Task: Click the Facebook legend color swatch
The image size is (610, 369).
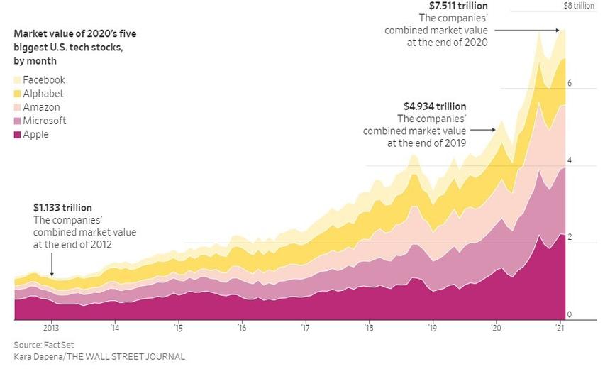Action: click(18, 80)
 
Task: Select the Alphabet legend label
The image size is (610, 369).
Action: click(43, 94)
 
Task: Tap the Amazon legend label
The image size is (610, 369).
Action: click(41, 107)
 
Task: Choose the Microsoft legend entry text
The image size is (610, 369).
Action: click(44, 121)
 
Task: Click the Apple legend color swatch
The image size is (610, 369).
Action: click(18, 134)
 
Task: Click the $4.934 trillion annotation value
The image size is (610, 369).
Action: click(435, 106)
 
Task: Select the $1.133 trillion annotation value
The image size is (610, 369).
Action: click(62, 208)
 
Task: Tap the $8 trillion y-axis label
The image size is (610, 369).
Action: click(579, 6)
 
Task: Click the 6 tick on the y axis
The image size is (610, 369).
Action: click(569, 84)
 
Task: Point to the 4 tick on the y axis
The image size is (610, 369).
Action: click(569, 161)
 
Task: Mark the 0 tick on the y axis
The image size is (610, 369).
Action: click(569, 314)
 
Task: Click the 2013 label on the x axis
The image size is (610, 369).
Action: click(51, 329)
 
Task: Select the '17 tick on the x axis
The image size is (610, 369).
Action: click(305, 329)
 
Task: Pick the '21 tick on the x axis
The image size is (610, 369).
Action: click(560, 329)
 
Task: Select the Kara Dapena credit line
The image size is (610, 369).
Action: click(99, 356)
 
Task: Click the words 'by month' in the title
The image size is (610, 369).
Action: click(35, 61)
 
